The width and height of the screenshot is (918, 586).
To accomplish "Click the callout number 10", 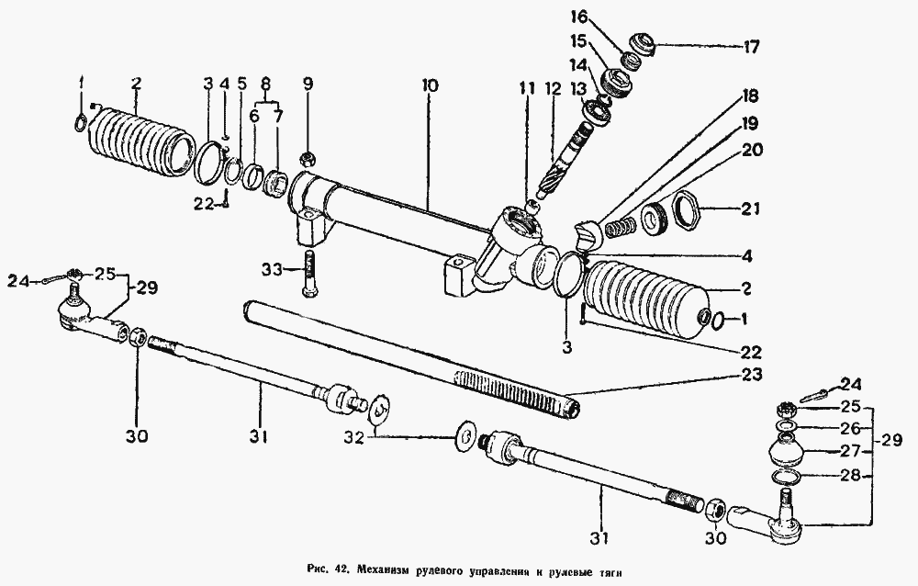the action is point(429,86).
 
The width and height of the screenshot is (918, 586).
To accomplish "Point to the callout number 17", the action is point(751,46).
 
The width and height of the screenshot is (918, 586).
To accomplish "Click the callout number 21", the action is point(751,208).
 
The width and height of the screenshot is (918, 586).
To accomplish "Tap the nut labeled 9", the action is point(307,158).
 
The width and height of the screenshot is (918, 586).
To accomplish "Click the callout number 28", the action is point(852,475).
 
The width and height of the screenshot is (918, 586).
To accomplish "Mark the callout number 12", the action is point(553,90).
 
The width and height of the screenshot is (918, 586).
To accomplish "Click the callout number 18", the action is point(750,96).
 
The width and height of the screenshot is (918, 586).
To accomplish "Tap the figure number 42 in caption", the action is point(341,569).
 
